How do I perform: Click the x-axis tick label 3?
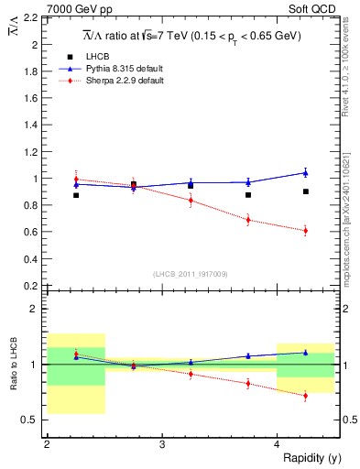[x=162, y=444]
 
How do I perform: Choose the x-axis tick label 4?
[x=278, y=444]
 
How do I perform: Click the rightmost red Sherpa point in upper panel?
[x=305, y=230]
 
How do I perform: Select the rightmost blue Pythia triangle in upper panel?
[x=305, y=172]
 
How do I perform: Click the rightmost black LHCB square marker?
[x=305, y=191]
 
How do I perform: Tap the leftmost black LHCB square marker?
[x=76, y=195]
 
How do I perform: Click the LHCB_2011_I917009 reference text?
[x=189, y=274]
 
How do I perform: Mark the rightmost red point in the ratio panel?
[x=305, y=396]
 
